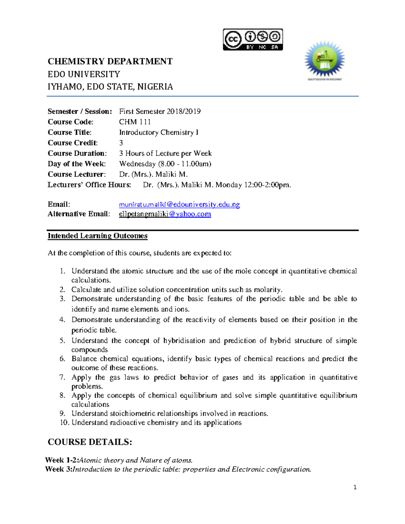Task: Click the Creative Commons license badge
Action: click(x=253, y=39)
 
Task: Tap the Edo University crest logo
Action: click(x=324, y=60)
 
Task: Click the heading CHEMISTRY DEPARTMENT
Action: click(x=110, y=61)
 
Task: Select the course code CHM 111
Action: click(x=135, y=122)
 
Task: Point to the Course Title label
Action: click(x=70, y=132)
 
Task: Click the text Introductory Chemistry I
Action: click(x=159, y=132)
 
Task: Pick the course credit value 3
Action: click(x=121, y=143)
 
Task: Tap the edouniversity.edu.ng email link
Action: click(x=179, y=204)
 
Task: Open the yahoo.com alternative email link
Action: click(x=165, y=214)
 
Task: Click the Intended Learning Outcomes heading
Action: click(x=98, y=236)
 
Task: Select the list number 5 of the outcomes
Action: click(x=62, y=340)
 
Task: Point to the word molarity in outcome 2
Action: click(x=267, y=289)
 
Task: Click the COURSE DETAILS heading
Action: click(x=90, y=442)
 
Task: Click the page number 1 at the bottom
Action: click(x=355, y=487)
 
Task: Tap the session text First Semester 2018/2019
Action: click(x=160, y=111)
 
